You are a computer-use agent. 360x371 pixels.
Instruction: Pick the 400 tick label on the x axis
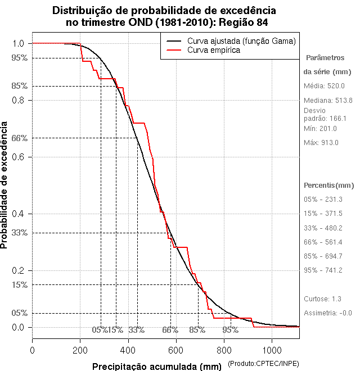(128, 350)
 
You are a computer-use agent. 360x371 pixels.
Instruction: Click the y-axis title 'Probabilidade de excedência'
(5, 185)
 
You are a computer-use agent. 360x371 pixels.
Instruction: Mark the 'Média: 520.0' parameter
(324, 86)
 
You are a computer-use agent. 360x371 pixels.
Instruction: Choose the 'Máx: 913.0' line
(321, 142)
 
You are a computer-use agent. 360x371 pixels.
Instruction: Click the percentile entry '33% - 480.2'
(323, 228)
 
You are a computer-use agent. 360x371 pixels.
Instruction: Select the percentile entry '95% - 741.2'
(323, 270)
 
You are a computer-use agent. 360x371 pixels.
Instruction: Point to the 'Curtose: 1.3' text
(322, 299)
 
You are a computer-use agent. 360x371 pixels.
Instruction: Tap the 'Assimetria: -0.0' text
(328, 313)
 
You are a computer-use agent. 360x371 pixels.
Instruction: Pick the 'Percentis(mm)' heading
(329, 185)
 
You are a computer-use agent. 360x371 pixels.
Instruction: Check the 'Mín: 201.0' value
(321, 129)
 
